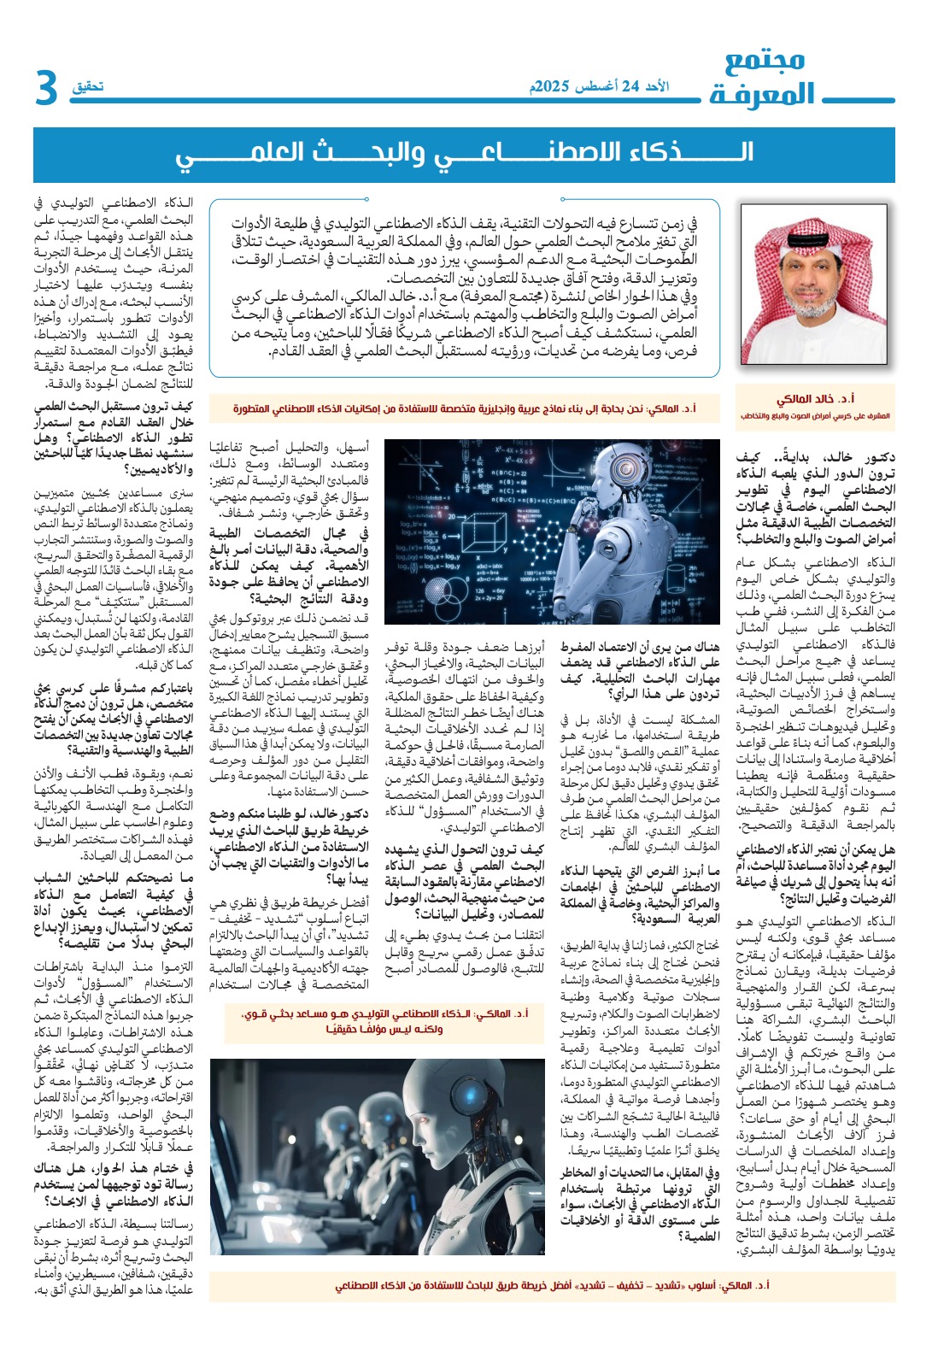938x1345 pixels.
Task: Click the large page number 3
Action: click(x=46, y=89)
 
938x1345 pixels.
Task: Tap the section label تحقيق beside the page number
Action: click(x=88, y=86)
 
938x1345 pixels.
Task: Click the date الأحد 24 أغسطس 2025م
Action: click(x=599, y=86)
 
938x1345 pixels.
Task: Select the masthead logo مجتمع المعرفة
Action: click(x=763, y=78)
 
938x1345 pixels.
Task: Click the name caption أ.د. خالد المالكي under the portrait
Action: click(x=815, y=399)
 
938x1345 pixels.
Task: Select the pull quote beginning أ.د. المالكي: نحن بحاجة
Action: click(x=465, y=409)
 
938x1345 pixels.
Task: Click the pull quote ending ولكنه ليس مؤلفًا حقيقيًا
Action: click(x=384, y=1021)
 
